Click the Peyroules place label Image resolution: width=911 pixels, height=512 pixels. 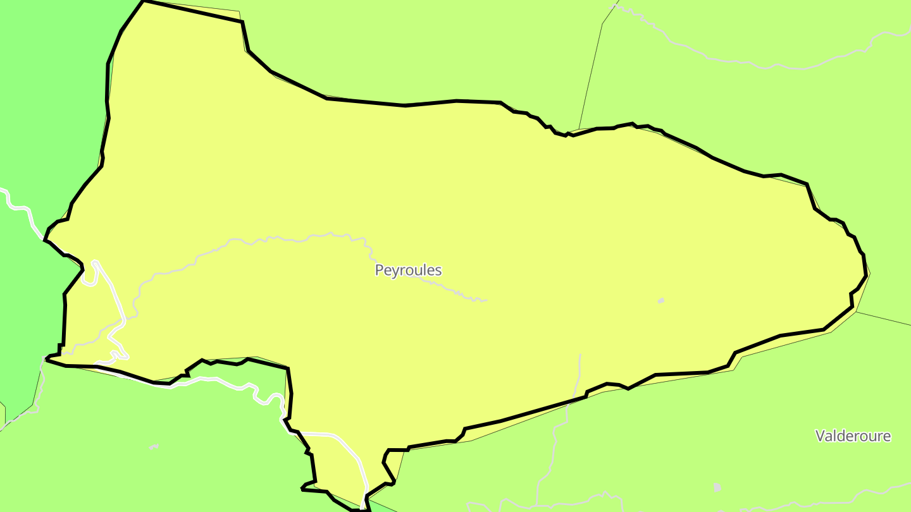(x=408, y=271)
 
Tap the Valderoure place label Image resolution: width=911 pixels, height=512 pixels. (x=853, y=436)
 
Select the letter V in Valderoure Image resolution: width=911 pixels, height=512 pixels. (x=820, y=436)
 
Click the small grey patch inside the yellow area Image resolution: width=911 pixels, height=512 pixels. (x=661, y=300)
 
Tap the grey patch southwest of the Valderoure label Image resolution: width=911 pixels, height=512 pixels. (x=717, y=487)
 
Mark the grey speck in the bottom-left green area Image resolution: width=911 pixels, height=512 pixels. (x=154, y=448)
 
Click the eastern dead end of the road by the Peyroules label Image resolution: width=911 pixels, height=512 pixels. (x=485, y=300)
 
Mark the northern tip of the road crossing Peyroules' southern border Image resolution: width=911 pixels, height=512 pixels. (x=579, y=355)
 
